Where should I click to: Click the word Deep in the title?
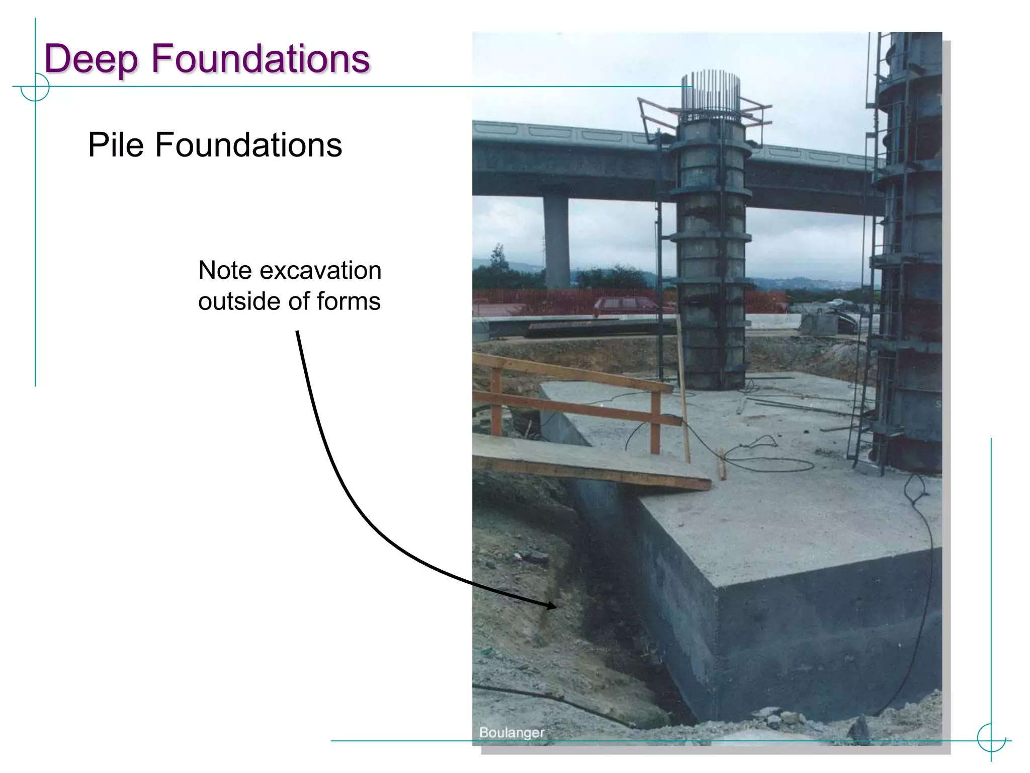[91, 59]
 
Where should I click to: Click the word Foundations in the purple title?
[261, 58]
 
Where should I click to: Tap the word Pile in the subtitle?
[117, 145]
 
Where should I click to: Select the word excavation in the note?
[320, 271]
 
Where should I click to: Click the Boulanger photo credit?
[511, 732]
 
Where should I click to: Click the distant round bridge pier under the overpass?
[557, 242]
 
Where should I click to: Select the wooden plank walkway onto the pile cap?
[588, 462]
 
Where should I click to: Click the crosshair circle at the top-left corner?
[35, 87]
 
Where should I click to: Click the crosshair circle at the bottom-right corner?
[991, 738]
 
